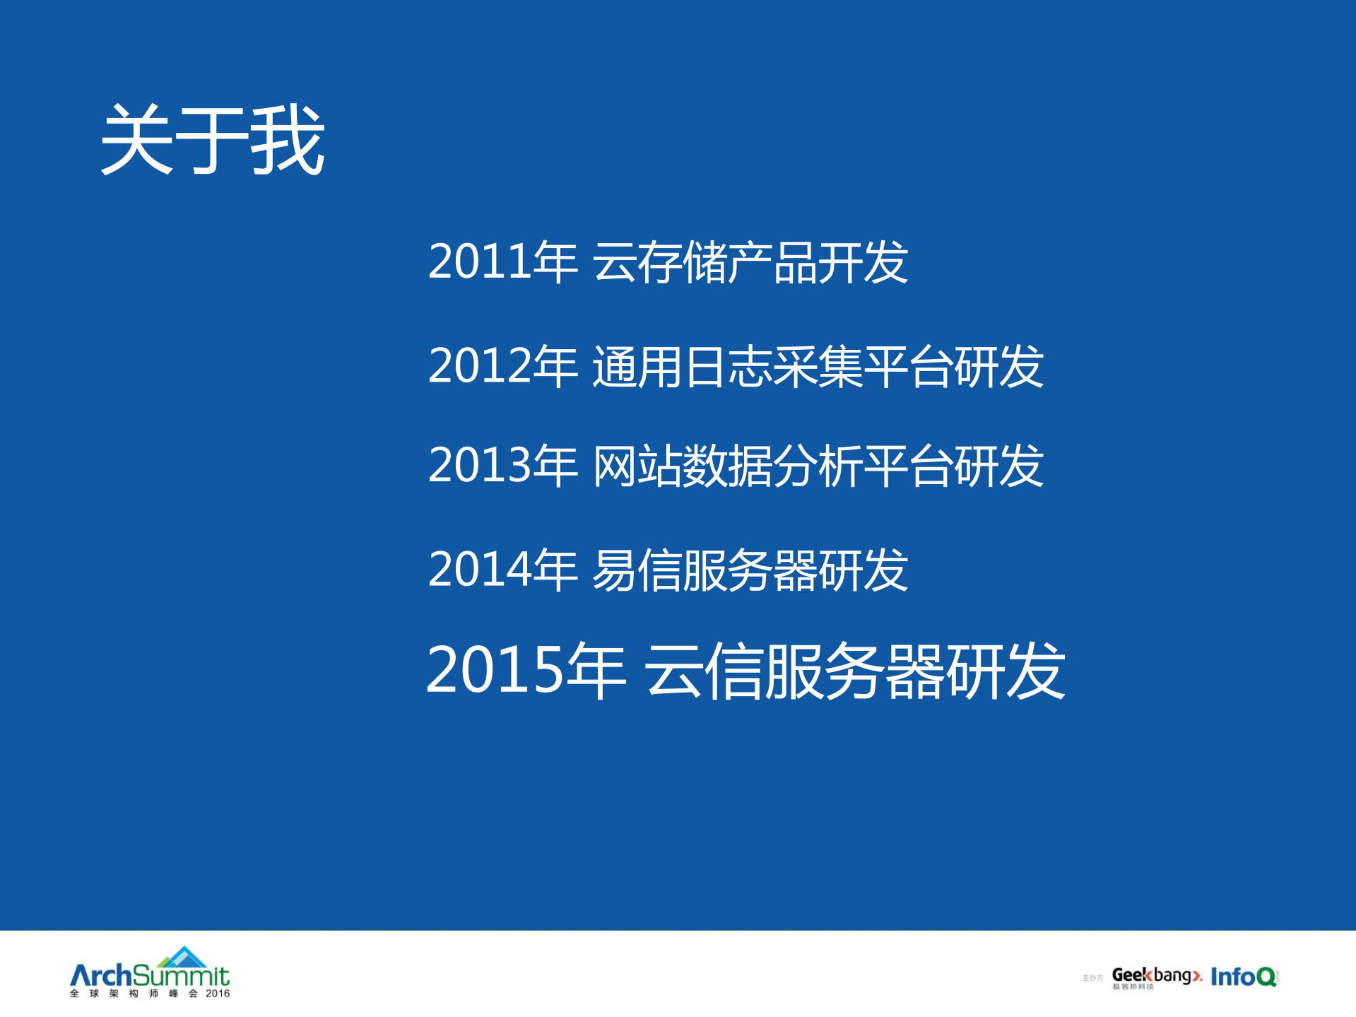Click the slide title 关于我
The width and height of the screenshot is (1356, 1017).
(212, 140)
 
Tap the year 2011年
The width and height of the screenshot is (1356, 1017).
(502, 262)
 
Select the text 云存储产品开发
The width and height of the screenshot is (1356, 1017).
(750, 262)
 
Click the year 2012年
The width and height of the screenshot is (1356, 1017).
(502, 366)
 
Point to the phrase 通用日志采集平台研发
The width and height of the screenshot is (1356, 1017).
(818, 366)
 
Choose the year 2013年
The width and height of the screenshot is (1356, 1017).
(502, 466)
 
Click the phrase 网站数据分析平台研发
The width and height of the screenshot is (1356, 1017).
(818, 466)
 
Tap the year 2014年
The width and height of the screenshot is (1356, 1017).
(502, 570)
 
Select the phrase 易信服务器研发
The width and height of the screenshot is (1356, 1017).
(750, 570)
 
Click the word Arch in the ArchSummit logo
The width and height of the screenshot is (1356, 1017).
(101, 976)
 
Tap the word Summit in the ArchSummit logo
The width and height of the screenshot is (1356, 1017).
(181, 977)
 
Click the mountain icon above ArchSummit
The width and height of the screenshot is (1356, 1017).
(183, 957)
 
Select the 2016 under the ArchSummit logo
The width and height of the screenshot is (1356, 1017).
(218, 994)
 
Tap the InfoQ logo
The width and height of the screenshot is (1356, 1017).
(1243, 977)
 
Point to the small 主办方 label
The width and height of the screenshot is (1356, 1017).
(1092, 978)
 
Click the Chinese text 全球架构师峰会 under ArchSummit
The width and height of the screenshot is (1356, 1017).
(134, 994)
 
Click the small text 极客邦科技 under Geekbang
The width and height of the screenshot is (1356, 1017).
(1133, 987)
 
